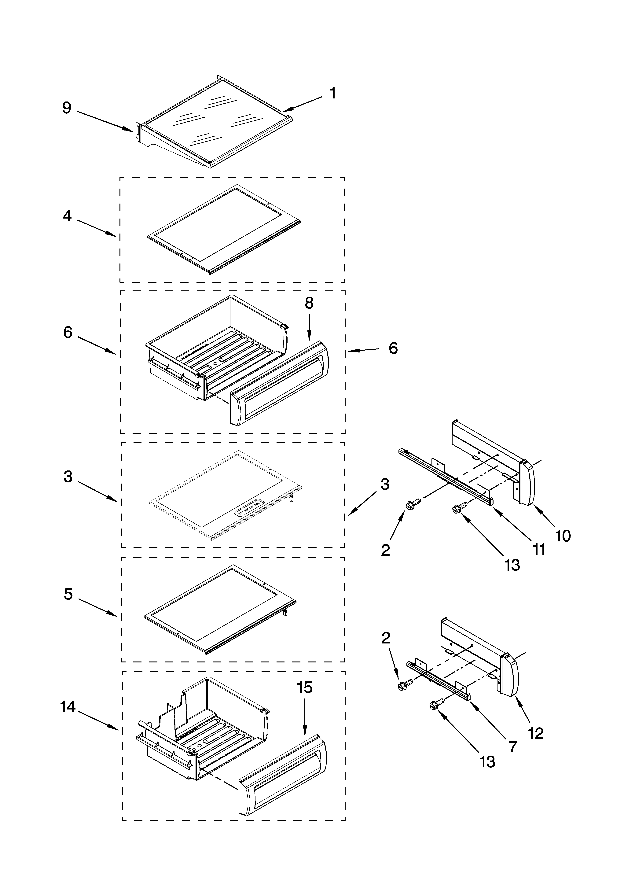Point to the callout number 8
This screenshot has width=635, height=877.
[x=309, y=304]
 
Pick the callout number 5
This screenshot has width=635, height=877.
[x=68, y=594]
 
